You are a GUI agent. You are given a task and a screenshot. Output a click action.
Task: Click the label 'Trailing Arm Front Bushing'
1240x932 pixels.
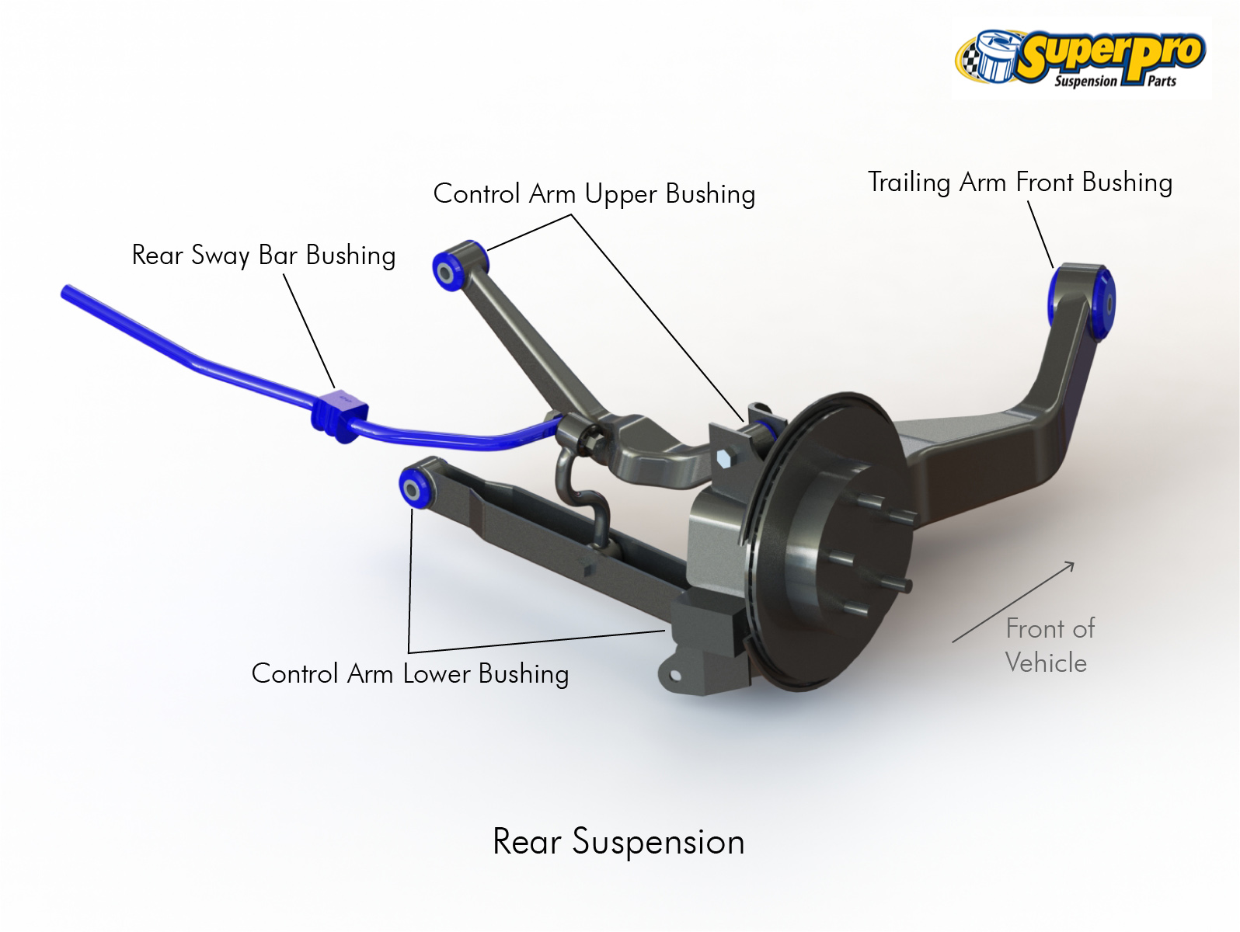tap(1019, 183)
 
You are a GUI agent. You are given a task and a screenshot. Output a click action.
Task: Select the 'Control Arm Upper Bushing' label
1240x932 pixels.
tap(594, 194)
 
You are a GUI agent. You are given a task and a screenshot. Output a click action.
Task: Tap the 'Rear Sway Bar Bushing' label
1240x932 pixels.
tap(263, 256)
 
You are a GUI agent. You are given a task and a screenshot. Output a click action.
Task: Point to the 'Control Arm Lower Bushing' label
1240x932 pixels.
tap(410, 673)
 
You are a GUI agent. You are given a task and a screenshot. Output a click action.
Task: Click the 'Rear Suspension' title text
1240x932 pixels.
tap(618, 842)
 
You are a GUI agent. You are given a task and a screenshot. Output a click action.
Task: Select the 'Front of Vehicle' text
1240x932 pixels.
tap(1049, 645)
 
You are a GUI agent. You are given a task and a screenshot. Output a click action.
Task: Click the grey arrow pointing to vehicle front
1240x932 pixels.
tap(1014, 602)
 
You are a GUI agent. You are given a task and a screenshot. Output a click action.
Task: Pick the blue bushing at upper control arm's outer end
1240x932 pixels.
tap(451, 266)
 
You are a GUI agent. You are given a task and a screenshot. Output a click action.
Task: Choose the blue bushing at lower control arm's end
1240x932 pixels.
tap(415, 486)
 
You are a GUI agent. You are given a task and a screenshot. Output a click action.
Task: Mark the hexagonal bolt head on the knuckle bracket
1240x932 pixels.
tap(724, 458)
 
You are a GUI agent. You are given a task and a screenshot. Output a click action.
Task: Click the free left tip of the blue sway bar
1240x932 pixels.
tap(67, 292)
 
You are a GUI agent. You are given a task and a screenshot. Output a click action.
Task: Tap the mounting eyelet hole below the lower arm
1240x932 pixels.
tap(675, 676)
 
